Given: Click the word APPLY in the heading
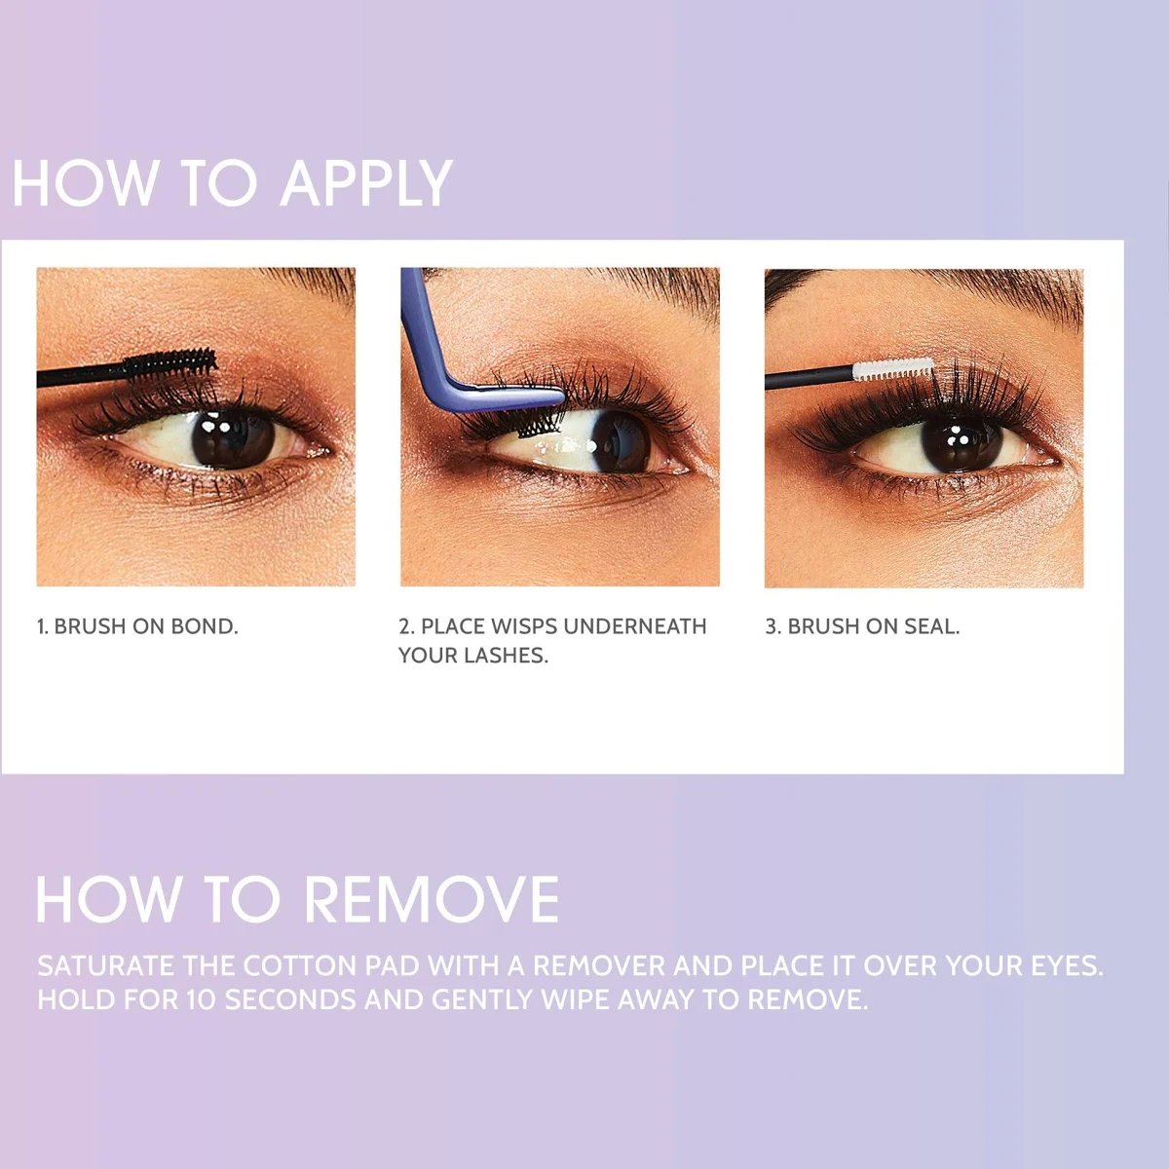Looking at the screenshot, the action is pos(366,183).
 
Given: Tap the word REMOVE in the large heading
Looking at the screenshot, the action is pos(431,900).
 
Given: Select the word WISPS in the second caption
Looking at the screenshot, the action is pos(525,626).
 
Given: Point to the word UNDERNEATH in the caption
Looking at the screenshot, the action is pos(636,626).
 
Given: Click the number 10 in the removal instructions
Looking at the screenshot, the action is pos(202,1000).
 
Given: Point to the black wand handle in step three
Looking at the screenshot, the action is pos(810,377).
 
